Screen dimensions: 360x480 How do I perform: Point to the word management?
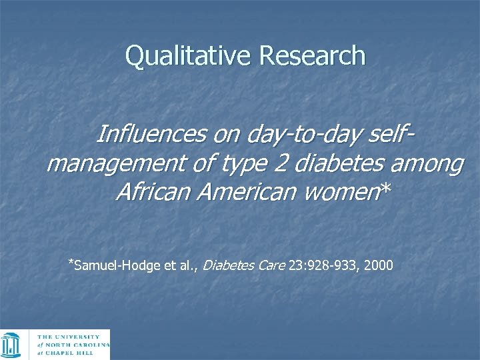[109, 163]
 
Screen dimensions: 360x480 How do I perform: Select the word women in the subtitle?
[341, 193]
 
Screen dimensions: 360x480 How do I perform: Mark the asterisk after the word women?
[384, 191]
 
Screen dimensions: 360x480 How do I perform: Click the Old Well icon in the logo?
[13, 345]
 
